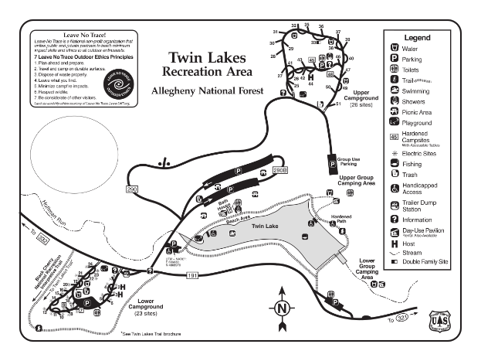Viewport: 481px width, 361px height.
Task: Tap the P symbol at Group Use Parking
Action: click(x=333, y=164)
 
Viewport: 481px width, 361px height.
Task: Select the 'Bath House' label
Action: click(x=225, y=203)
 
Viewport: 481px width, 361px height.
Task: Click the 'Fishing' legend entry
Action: click(x=413, y=163)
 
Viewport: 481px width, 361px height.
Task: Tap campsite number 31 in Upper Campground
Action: click(x=275, y=32)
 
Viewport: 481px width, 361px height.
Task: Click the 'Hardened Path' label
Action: click(x=341, y=218)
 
